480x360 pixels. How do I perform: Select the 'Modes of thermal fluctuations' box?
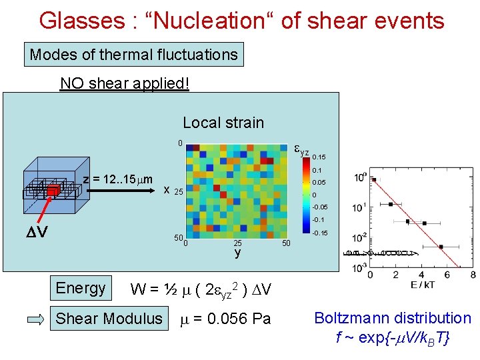click(x=134, y=55)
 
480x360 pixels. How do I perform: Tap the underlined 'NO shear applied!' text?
click(x=125, y=83)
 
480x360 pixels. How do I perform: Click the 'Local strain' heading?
click(x=223, y=123)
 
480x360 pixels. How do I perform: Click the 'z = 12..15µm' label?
click(x=118, y=179)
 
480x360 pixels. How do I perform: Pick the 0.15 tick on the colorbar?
click(x=319, y=157)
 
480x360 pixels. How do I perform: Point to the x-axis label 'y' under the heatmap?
click(x=237, y=253)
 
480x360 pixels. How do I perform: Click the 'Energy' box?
click(x=81, y=288)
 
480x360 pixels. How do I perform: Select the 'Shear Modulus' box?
click(x=109, y=319)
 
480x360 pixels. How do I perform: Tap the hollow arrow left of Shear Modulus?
click(x=39, y=319)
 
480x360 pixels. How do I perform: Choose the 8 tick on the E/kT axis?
click(x=473, y=275)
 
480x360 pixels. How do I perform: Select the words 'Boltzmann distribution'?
click(x=393, y=318)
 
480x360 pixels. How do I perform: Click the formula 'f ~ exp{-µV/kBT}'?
click(x=393, y=338)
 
